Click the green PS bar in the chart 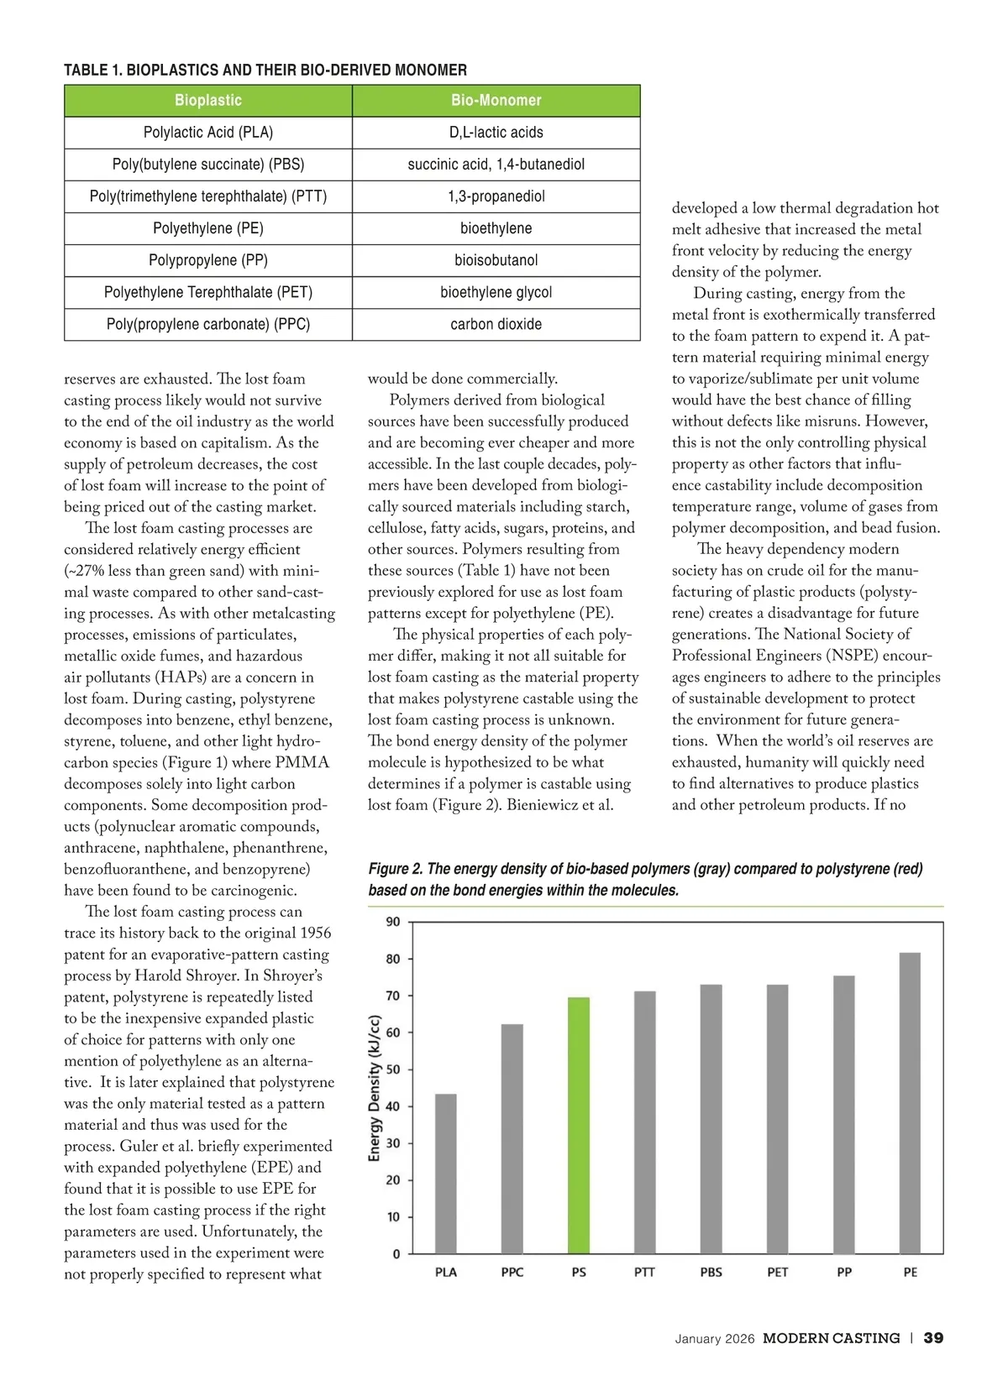pos(579,1125)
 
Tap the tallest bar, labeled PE pos(910,1103)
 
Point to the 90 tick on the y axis pos(393,922)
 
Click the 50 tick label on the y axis pos(393,1069)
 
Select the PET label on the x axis pos(778,1272)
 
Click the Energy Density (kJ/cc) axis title pos(375,1089)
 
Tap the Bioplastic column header pos(208,101)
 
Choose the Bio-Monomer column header pos(496,101)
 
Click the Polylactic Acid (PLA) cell pos(208,133)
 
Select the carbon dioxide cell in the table pos(496,324)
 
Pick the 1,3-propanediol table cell pos(496,196)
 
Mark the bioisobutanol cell pos(496,260)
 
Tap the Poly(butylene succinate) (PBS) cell pos(208,165)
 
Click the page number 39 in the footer pos(933,1338)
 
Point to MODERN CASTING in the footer pos(831,1338)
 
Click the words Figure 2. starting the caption pos(395,869)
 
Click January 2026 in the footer pos(715,1339)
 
